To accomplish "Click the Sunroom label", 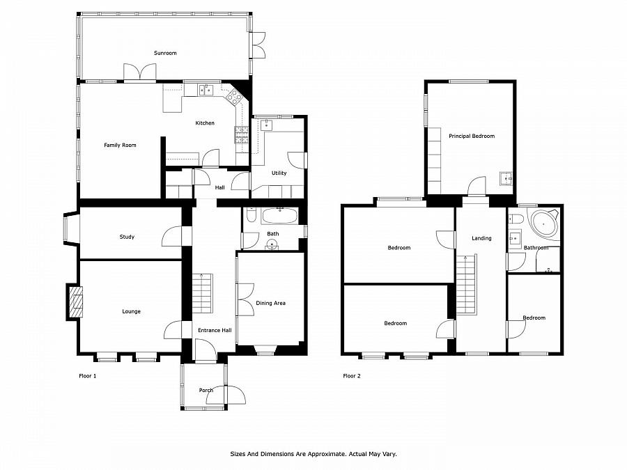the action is tap(165, 53).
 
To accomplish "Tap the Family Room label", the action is tap(120, 145).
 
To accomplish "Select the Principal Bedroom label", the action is tap(472, 136).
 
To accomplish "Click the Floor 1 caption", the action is tap(88, 376).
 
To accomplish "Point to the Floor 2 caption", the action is tap(352, 376).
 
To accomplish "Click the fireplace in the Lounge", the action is tap(75, 301).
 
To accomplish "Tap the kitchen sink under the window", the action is tap(206, 91).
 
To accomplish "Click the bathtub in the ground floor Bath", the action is tap(279, 217).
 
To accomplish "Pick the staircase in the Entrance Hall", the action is tap(203, 294).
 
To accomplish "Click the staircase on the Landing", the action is tap(467, 284).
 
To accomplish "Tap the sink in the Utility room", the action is tap(267, 125).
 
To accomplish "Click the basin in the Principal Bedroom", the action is tap(506, 178).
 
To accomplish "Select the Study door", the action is tap(172, 236).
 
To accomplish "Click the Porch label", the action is tap(206, 390).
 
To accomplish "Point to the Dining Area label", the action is tap(271, 303).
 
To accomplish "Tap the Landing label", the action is tap(481, 238).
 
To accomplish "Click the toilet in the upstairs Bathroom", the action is tap(516, 219).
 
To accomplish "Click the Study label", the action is tap(127, 237).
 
